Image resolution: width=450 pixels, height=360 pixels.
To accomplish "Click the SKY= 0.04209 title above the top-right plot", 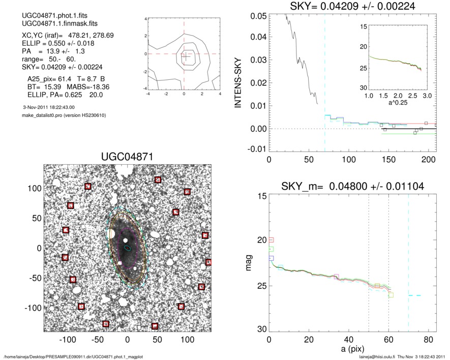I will (353, 6).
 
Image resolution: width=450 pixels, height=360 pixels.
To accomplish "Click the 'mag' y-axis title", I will (248, 263).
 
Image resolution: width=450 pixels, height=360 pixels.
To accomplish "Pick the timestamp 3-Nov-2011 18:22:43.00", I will (49, 107).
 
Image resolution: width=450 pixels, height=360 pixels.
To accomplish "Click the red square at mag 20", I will (271, 239).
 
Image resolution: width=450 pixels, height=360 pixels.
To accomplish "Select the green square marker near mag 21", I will (271, 249).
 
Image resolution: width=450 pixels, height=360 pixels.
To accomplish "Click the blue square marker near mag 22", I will (271, 258).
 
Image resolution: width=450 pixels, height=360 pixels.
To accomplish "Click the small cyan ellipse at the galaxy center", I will (128, 248).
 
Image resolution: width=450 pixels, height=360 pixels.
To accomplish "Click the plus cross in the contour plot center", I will (185, 56).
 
